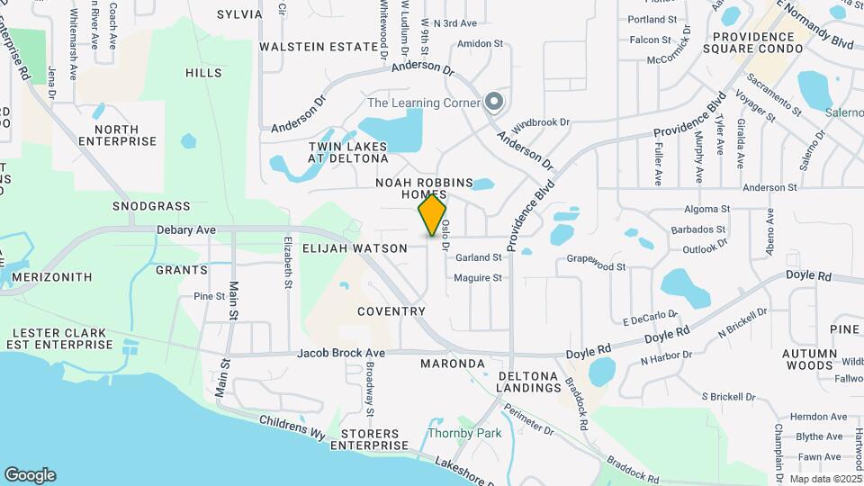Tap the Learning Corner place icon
click(x=492, y=103)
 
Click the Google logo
click(x=30, y=475)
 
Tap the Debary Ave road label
click(x=186, y=230)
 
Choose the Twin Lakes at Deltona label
click(x=341, y=152)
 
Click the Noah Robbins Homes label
click(x=424, y=189)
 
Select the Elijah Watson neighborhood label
click(x=355, y=247)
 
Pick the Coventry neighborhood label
click(x=391, y=311)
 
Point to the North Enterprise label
click(x=117, y=136)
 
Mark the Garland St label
click(x=478, y=257)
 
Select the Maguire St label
click(x=478, y=278)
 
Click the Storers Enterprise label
click(x=368, y=439)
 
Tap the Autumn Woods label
click(x=807, y=360)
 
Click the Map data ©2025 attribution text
click(x=824, y=479)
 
